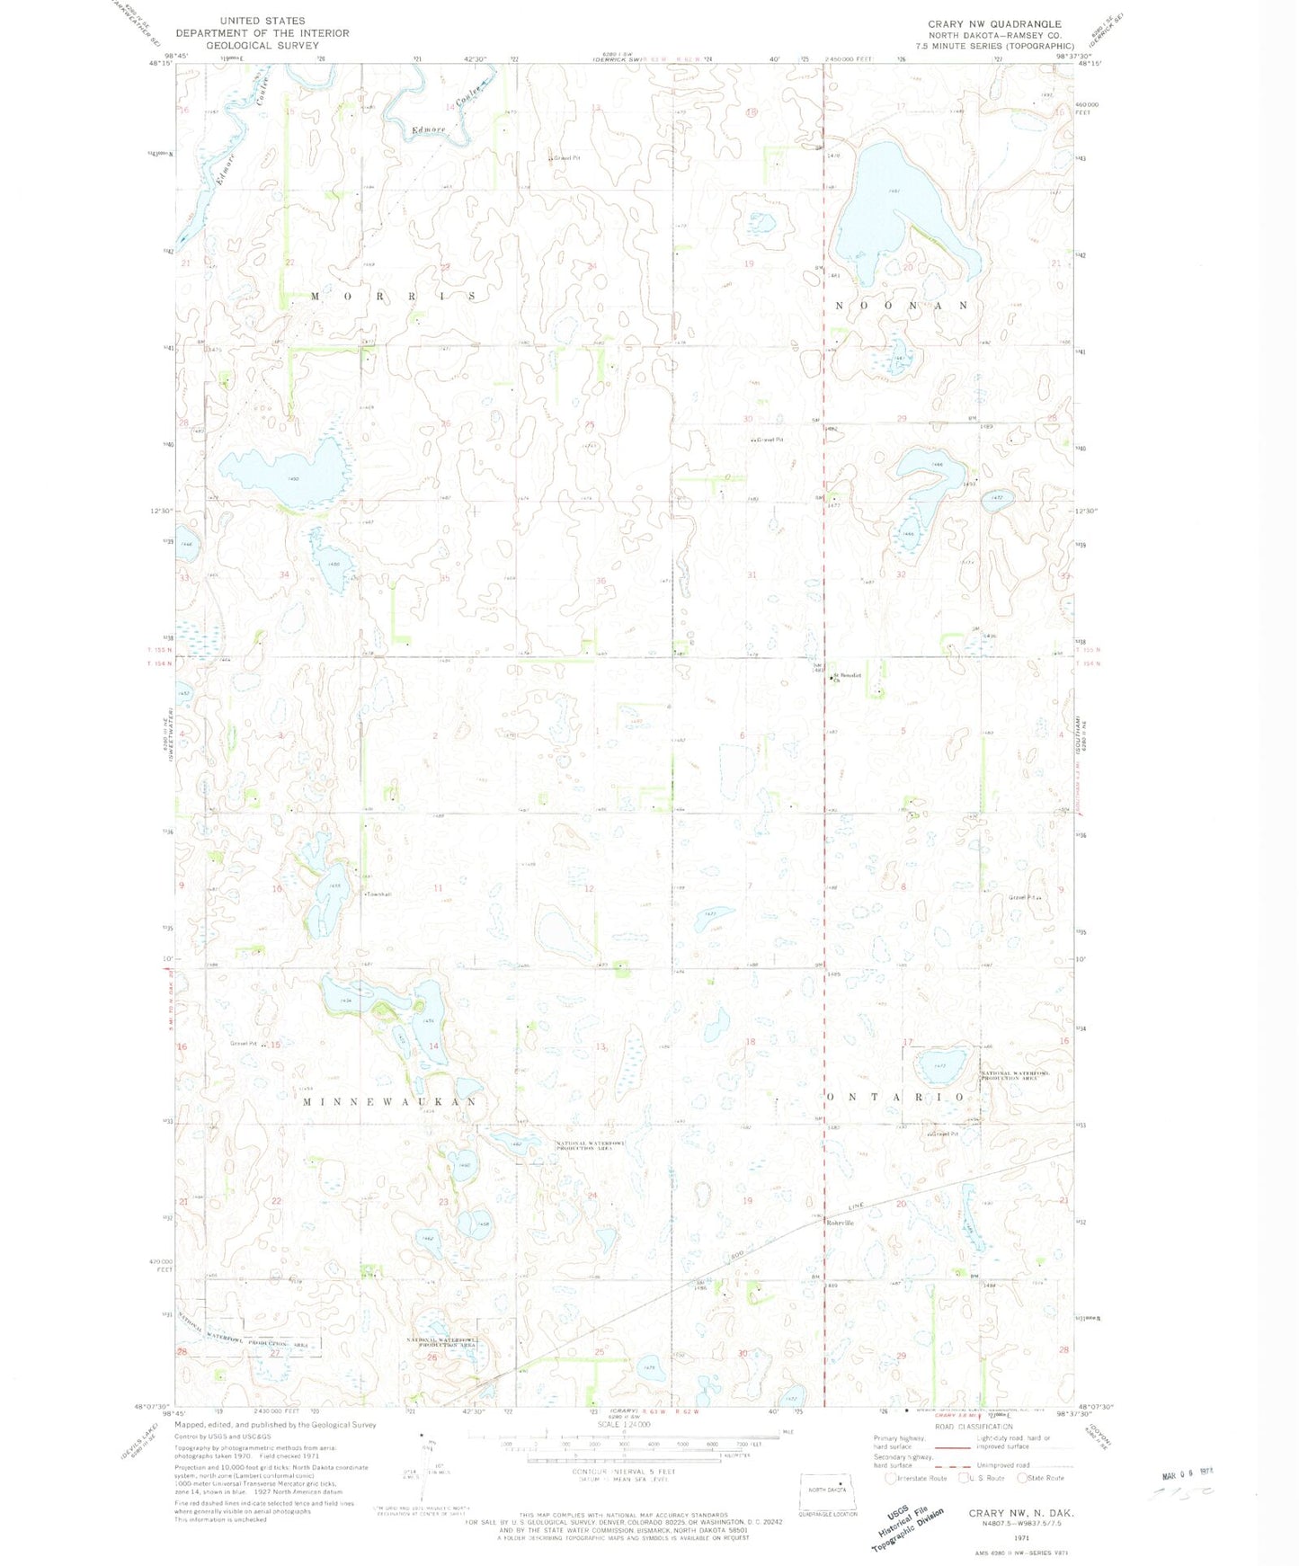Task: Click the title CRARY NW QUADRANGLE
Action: click(994, 24)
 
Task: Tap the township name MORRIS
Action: click(392, 296)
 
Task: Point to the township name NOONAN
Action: click(902, 306)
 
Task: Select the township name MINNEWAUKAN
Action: click(388, 1101)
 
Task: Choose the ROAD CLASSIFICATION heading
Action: click(974, 1427)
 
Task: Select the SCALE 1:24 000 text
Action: click(625, 1425)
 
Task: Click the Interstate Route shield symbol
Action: click(891, 1478)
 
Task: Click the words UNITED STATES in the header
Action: click(262, 21)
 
